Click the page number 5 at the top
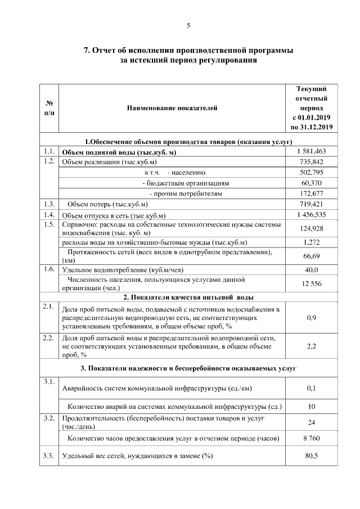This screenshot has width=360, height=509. point(188,25)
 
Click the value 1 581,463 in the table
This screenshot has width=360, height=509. point(310,152)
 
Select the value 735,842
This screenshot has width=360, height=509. point(310,162)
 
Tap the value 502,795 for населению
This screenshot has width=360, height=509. point(310,173)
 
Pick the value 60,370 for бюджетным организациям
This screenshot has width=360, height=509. point(310,183)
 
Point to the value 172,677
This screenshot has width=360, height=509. point(310,193)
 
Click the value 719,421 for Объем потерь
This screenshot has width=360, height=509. point(310,204)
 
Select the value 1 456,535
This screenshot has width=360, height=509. point(310,215)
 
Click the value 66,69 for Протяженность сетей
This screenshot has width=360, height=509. point(310,256)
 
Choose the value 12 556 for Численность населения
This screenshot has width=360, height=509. point(310,284)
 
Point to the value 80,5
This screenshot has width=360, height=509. point(310,456)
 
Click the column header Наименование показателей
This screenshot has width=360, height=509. point(172,108)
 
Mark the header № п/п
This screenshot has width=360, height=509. point(49,108)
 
